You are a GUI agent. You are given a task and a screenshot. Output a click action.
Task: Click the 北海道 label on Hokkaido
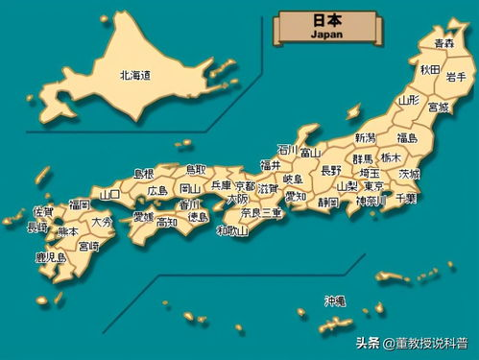tap(135, 74)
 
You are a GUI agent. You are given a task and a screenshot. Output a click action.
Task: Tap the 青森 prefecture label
tap(443, 44)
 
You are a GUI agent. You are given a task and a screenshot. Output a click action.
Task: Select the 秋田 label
tap(429, 70)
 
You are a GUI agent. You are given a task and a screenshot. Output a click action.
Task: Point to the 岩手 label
tap(456, 77)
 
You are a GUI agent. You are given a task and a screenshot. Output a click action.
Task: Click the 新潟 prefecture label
tap(365, 138)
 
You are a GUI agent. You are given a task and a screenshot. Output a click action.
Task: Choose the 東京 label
tap(373, 185)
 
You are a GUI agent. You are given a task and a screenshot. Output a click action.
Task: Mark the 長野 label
tap(330, 170)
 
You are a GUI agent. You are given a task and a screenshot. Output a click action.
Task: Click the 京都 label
tap(245, 185)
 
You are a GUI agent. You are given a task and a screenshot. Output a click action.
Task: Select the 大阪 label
tap(236, 199)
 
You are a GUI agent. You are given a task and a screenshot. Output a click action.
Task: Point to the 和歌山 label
tap(232, 230)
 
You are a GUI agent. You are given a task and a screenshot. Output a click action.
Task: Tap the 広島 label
tap(157, 190)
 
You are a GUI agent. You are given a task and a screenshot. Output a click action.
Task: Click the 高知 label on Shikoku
tap(167, 223)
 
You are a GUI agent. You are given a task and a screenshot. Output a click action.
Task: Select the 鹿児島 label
tap(50, 257)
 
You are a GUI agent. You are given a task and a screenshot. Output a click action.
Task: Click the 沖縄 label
tap(334, 300)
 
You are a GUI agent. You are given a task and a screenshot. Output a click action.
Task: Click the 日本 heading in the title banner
tap(325, 19)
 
